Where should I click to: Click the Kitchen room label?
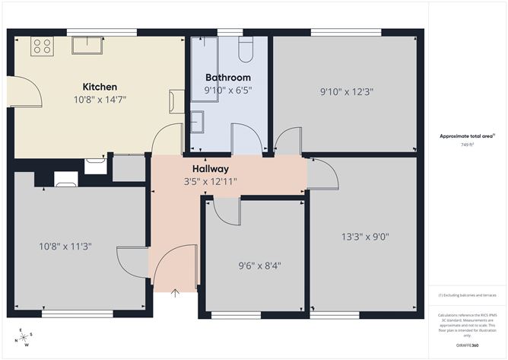coord(100,86)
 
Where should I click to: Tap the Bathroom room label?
coord(227,77)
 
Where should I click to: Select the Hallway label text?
coord(210,168)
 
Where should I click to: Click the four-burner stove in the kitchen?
coord(41,46)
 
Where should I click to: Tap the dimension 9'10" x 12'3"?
coord(346,91)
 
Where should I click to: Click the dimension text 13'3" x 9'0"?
coord(365,236)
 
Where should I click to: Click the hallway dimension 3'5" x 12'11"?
coord(210,181)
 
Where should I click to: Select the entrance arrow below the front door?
coord(176,293)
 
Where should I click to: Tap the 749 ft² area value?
coord(467,145)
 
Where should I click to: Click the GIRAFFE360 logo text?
coord(467,345)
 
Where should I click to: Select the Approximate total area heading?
coord(466,135)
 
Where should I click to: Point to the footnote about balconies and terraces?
coord(467,295)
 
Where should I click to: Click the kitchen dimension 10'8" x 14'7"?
coord(100,99)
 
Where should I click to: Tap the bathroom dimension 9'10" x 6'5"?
coord(227,90)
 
